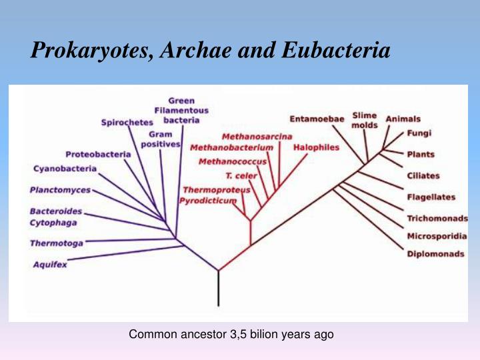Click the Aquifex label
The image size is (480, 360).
pyautogui.click(x=50, y=265)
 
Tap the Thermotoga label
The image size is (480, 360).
pyautogui.click(x=57, y=243)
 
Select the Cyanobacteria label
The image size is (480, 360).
pyautogui.click(x=65, y=169)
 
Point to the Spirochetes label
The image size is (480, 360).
pyautogui.click(x=127, y=122)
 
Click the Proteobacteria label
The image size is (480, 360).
pyautogui.click(x=98, y=155)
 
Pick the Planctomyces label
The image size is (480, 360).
pyautogui.click(x=60, y=190)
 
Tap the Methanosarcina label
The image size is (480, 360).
pyautogui.click(x=257, y=137)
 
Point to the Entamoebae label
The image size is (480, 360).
pyautogui.click(x=317, y=119)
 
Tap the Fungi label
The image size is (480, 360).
pyautogui.click(x=414, y=133)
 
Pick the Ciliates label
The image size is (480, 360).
pyautogui.click(x=423, y=175)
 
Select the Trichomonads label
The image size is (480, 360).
pyautogui.click(x=437, y=219)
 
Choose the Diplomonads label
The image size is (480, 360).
pyautogui.click(x=435, y=254)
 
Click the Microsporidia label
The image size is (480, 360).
pyautogui.click(x=437, y=236)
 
